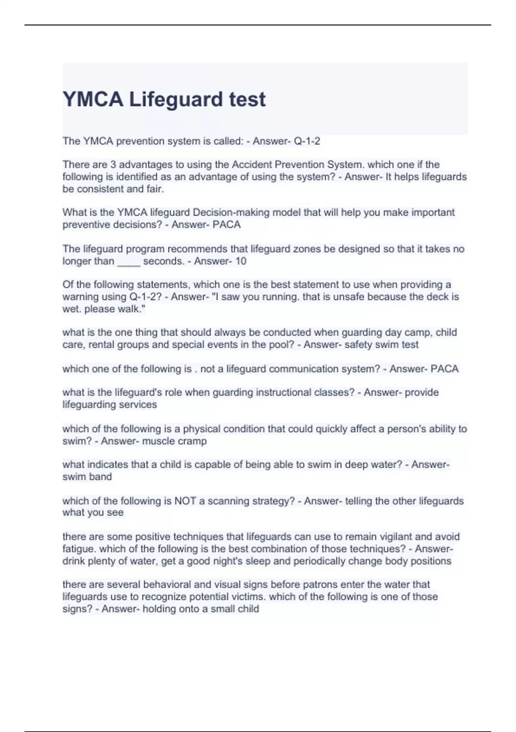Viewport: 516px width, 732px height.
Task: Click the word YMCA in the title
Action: (93, 99)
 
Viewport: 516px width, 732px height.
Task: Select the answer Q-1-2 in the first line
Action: (307, 141)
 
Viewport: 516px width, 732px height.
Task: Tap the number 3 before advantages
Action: (114, 164)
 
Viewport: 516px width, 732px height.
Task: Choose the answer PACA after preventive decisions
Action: (227, 224)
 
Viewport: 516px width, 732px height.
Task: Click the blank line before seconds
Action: (129, 261)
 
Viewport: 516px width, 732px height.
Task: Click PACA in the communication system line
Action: (445, 369)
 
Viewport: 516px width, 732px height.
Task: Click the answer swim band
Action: (87, 477)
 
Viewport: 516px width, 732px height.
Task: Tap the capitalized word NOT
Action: (185, 501)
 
